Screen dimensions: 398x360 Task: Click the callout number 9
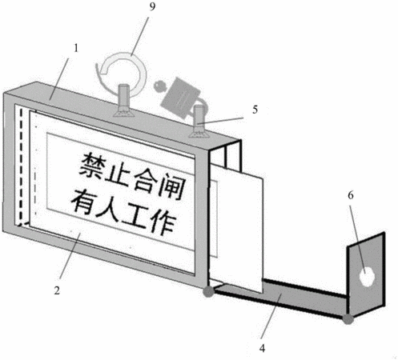152,6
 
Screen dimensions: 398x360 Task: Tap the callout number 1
76,48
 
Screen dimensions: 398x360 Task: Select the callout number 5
255,110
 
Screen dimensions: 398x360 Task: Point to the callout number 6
351,195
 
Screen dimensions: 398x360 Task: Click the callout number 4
262,348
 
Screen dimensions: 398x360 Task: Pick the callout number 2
57,290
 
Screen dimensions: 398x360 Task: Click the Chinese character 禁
91,166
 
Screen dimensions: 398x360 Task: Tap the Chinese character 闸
171,186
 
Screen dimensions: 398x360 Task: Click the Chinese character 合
145,179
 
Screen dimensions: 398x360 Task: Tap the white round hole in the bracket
367,277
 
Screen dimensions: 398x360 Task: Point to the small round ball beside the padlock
160,86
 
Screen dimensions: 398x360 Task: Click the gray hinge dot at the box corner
208,292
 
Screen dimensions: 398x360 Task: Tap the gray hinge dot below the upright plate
348,319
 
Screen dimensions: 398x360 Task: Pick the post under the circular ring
123,101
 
